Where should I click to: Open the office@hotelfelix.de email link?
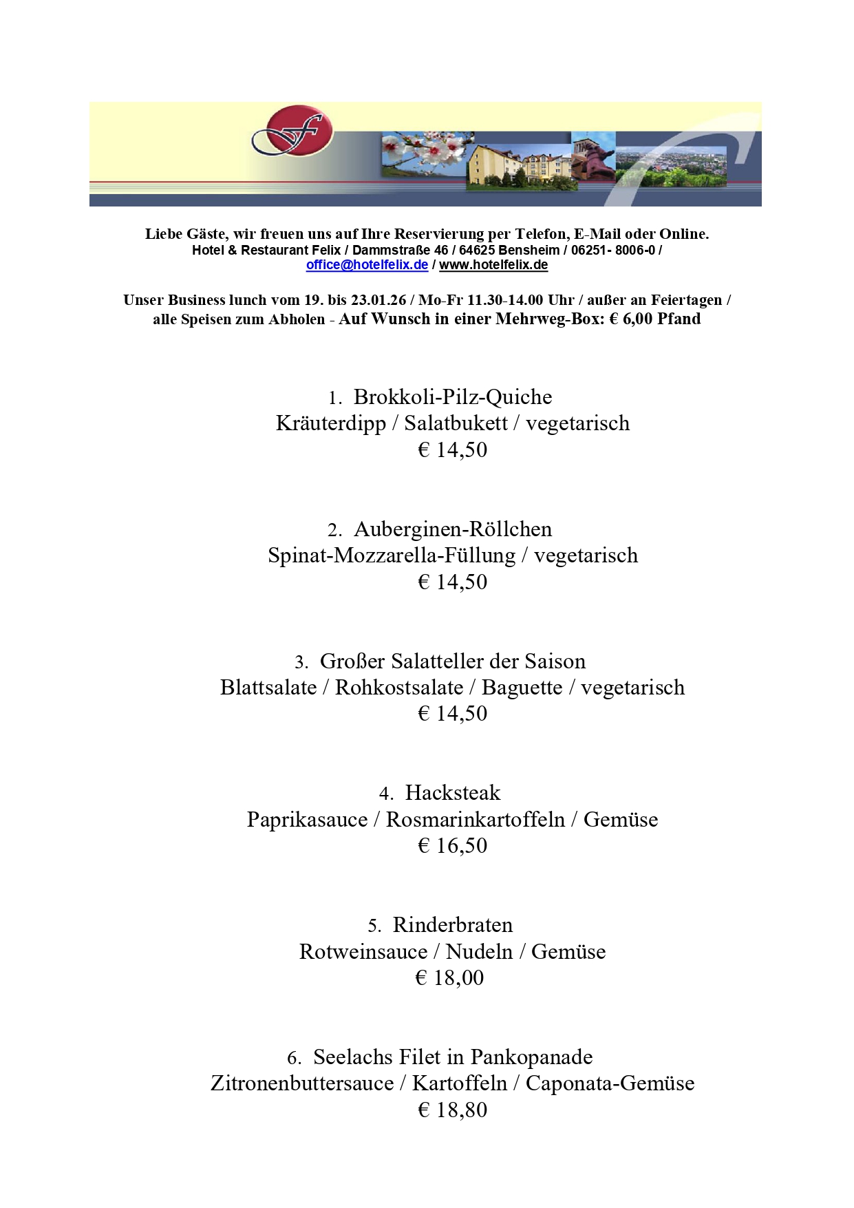[367, 265]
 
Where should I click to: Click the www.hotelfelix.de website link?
[493, 265]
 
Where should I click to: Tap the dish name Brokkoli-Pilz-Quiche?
[453, 397]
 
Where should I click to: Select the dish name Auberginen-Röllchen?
[453, 529]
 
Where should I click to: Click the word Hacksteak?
[453, 793]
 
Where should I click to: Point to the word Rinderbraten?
[453, 925]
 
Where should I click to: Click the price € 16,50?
[452, 845]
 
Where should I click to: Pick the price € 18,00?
[449, 977]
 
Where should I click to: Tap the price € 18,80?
[452, 1110]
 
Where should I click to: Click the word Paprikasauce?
[307, 820]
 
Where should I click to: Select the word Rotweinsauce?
[363, 952]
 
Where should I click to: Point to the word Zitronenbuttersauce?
[302, 1083]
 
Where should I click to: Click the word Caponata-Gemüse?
[610, 1083]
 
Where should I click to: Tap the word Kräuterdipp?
[331, 423]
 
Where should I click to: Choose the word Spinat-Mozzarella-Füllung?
[392, 555]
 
